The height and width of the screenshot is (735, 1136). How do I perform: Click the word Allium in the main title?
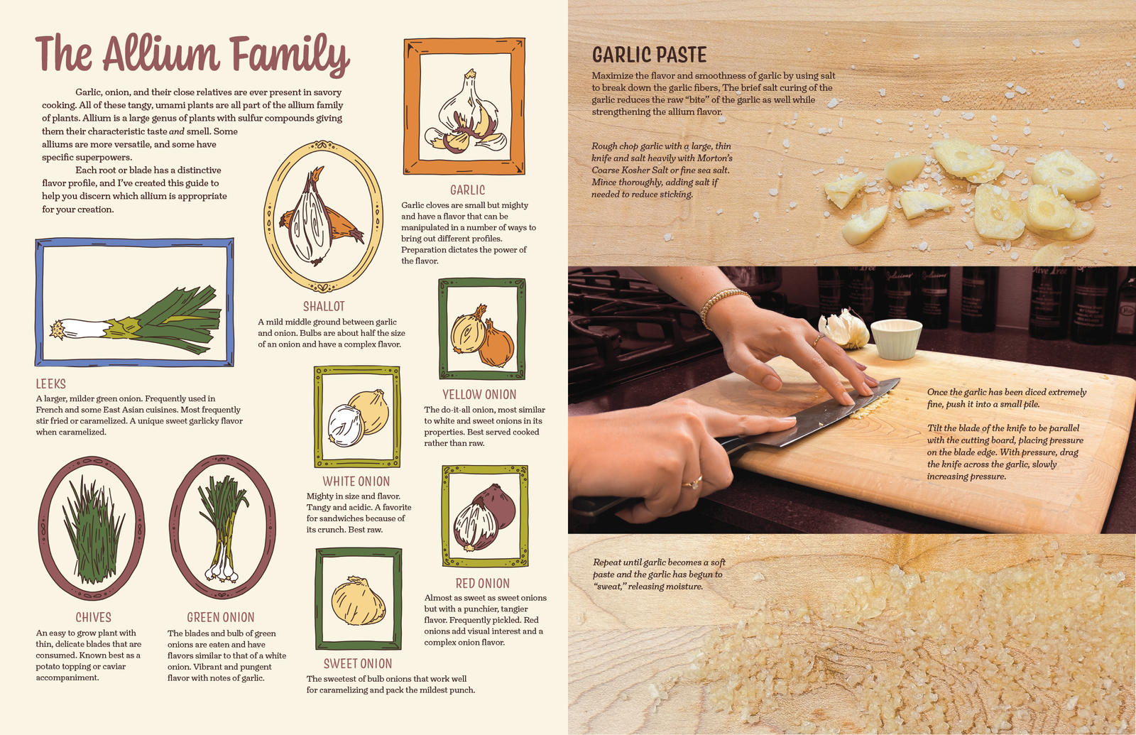click(x=161, y=53)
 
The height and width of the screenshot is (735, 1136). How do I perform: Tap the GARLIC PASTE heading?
click(x=649, y=55)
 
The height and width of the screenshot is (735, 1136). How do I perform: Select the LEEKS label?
click(x=50, y=384)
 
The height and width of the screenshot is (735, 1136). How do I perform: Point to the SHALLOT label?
click(x=324, y=306)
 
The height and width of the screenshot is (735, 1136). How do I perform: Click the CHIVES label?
click(x=93, y=617)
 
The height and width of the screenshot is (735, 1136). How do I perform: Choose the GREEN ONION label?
click(x=221, y=617)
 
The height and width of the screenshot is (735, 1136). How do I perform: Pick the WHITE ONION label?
click(x=356, y=481)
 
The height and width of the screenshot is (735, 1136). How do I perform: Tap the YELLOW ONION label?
click(x=479, y=395)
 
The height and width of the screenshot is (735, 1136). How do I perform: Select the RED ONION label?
click(x=482, y=583)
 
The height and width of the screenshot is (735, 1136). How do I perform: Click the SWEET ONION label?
click(x=358, y=663)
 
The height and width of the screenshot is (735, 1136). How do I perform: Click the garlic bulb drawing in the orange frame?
click(x=466, y=113)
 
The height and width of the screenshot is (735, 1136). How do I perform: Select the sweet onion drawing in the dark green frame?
click(x=358, y=601)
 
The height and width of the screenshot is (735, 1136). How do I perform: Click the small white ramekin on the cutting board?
click(x=896, y=339)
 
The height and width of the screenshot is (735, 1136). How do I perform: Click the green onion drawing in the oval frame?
click(x=222, y=528)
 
